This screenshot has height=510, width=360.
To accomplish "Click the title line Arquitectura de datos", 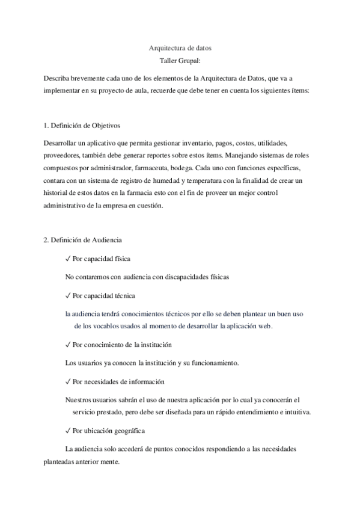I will click(180, 48).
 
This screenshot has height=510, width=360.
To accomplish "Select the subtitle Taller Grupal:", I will click(180, 61).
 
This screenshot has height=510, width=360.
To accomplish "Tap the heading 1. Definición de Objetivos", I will click(82, 126).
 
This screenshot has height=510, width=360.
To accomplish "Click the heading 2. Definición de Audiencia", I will click(83, 240).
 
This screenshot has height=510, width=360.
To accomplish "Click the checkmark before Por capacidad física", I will click(68, 259).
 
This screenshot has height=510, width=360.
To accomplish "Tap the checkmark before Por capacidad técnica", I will click(68, 295).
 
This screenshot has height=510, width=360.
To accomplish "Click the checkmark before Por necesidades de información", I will click(68, 382).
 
